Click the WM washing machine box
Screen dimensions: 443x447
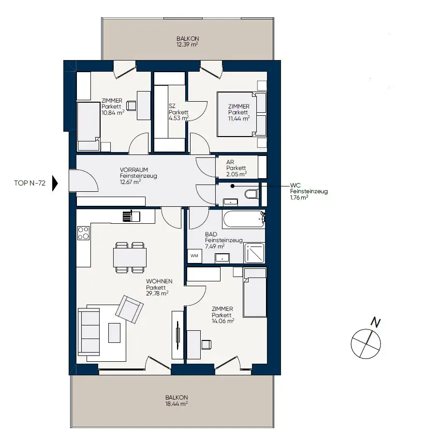coord(194,256)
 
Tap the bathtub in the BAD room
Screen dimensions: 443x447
coord(244,219)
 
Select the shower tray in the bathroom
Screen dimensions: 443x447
coord(254,253)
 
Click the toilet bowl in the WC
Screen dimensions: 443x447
coord(251,194)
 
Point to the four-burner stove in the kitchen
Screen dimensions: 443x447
coord(84,233)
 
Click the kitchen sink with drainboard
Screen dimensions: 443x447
coord(132,216)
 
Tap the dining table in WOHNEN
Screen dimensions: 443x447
coord(130,258)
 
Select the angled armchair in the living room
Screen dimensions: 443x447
coord(129,309)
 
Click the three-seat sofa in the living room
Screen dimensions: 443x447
coord(89,332)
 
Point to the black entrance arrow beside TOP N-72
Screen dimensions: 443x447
coord(55,183)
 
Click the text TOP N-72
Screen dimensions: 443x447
coord(30,183)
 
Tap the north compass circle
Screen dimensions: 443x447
coord(366,343)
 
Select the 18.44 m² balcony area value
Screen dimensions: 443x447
coord(177,404)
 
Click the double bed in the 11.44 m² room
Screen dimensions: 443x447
coord(242,114)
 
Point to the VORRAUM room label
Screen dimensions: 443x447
coord(134,170)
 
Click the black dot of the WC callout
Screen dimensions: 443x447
coord(233,186)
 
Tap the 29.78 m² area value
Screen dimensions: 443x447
coord(157,293)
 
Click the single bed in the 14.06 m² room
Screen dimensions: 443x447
coord(255,293)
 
